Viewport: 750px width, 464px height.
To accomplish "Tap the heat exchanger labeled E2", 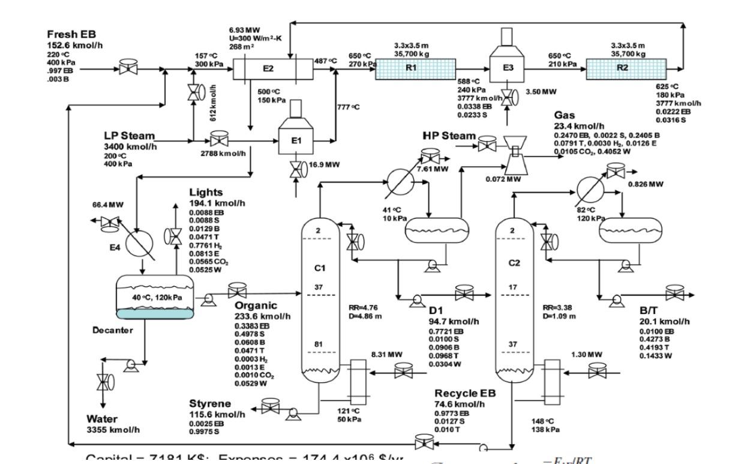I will (x=268, y=69).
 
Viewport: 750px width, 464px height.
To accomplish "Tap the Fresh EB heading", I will (x=71, y=35).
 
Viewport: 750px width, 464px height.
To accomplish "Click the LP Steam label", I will (x=129, y=136).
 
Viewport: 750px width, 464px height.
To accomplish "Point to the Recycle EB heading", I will (x=466, y=393).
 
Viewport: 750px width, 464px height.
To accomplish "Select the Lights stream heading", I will (x=206, y=193).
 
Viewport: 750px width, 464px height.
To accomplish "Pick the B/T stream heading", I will (x=649, y=310).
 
